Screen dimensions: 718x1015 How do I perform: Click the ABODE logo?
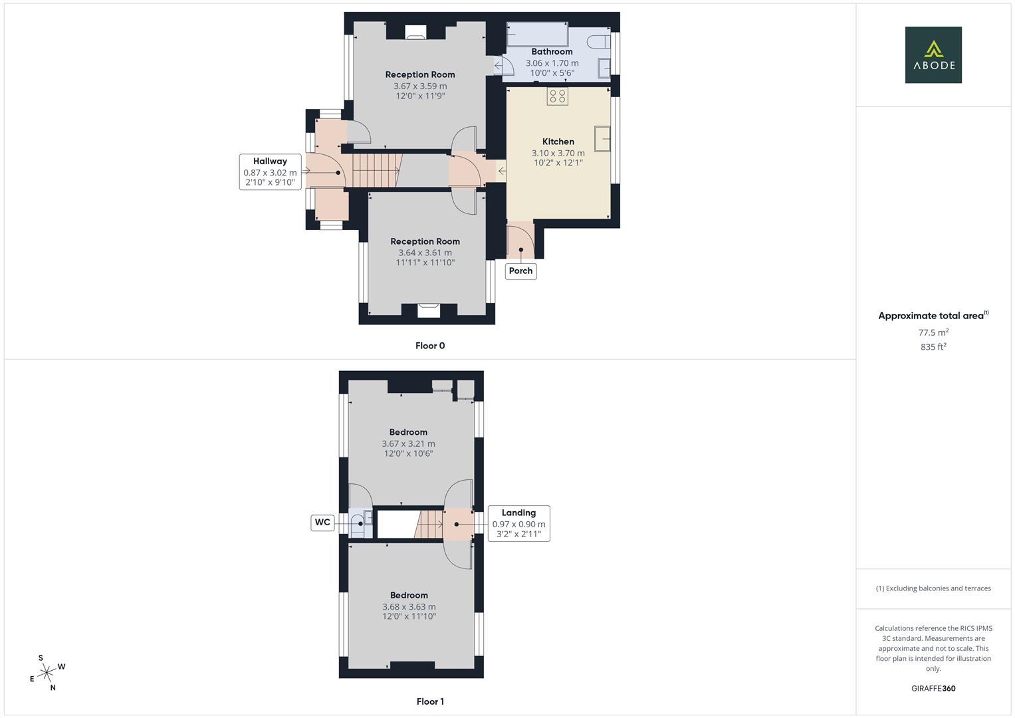(933, 55)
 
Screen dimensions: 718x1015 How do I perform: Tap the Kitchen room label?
(558, 142)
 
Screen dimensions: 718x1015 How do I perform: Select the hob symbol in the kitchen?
(558, 96)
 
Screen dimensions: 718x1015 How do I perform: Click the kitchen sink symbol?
(603, 139)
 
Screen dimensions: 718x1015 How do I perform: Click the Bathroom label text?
(552, 52)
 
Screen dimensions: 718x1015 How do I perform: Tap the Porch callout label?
(520, 271)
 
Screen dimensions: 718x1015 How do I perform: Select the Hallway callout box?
(270, 172)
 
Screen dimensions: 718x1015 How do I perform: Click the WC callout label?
(322, 523)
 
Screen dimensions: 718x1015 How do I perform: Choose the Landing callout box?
(518, 523)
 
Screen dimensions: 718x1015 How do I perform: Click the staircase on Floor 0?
(377, 170)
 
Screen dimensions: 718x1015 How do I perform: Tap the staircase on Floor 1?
(429, 524)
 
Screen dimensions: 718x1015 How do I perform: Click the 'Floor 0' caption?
(430, 346)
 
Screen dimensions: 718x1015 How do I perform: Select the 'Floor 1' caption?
(430, 701)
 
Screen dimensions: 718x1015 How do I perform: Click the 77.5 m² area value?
(933, 332)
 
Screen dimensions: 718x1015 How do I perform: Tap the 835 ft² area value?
(933, 347)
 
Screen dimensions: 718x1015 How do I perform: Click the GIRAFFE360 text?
(933, 689)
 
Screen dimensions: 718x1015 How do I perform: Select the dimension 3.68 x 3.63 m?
(409, 607)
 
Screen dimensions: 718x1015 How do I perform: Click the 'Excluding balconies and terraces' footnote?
(933, 588)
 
